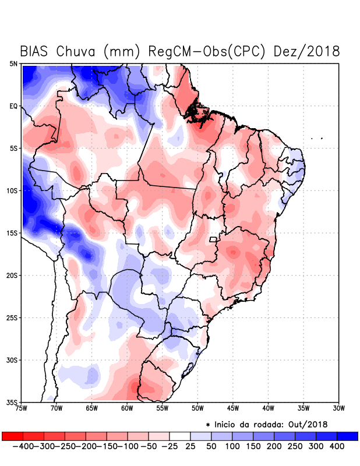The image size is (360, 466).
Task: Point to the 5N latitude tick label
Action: coord(13,63)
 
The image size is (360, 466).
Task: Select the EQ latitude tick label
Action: coord(13,106)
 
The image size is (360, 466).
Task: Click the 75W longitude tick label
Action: coord(21,408)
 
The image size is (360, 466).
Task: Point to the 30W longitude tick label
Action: coord(338,408)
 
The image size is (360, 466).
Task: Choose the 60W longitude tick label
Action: coord(126,408)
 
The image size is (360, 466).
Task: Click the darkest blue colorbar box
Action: coord(347,436)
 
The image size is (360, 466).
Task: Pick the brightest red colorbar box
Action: coord(13,436)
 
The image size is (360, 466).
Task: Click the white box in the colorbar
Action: coord(179,436)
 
